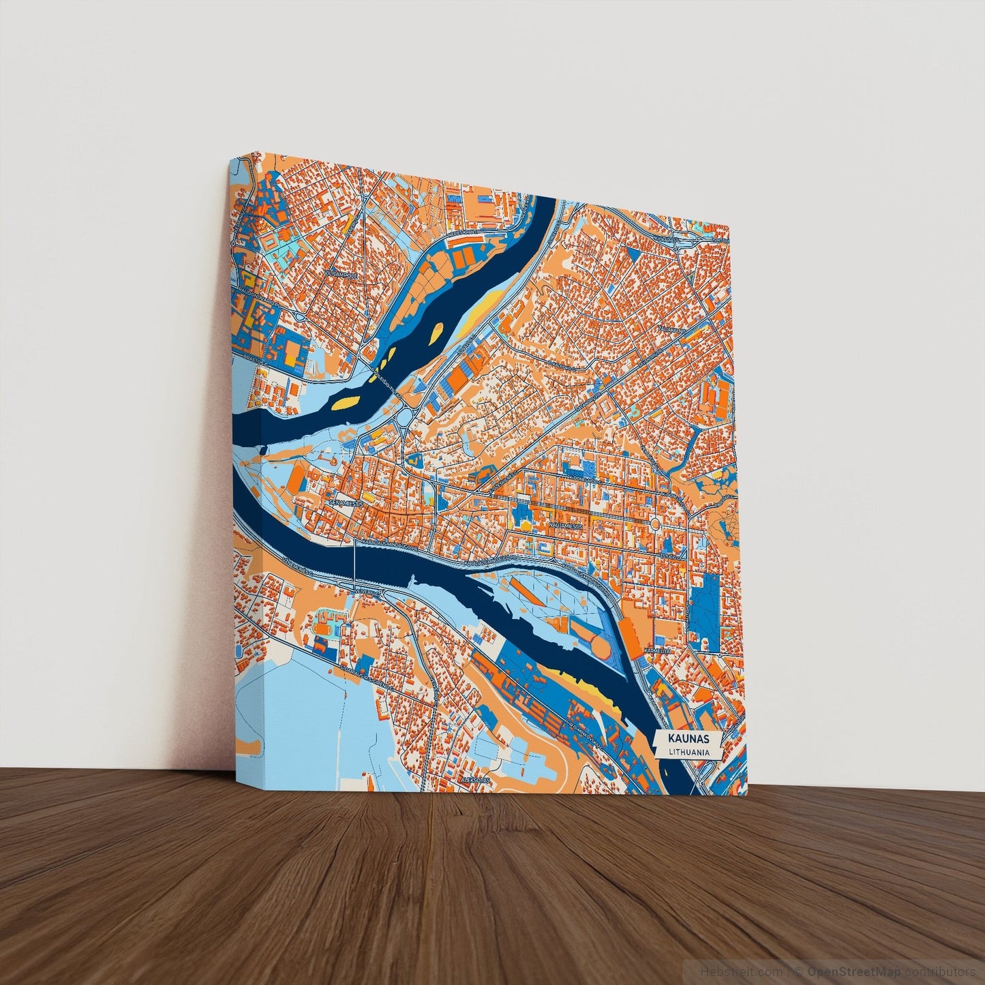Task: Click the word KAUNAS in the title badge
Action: [689, 739]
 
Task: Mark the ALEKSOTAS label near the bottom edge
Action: [476, 778]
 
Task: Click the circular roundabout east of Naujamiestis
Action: [654, 524]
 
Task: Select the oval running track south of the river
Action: [323, 628]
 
